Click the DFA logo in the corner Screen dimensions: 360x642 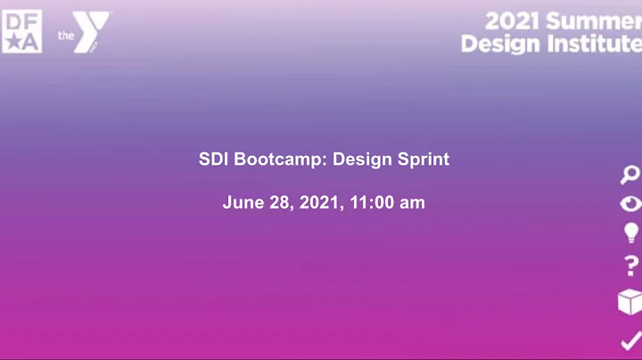pos(21,32)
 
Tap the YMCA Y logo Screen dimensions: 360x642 pos(92,32)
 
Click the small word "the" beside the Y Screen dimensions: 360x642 pos(64,36)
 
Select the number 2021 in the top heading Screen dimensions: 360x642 pos(511,20)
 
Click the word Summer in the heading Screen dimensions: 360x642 pos(593,20)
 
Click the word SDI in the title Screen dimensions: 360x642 pos(213,160)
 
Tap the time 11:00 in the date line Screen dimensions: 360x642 pos(372,203)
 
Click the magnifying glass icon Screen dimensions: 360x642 pos(630,175)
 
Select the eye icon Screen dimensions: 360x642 pos(630,203)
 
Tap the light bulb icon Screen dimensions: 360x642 pos(630,233)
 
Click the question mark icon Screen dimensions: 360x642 pos(631,266)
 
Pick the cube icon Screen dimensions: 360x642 pos(630,302)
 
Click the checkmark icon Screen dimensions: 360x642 pos(630,340)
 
